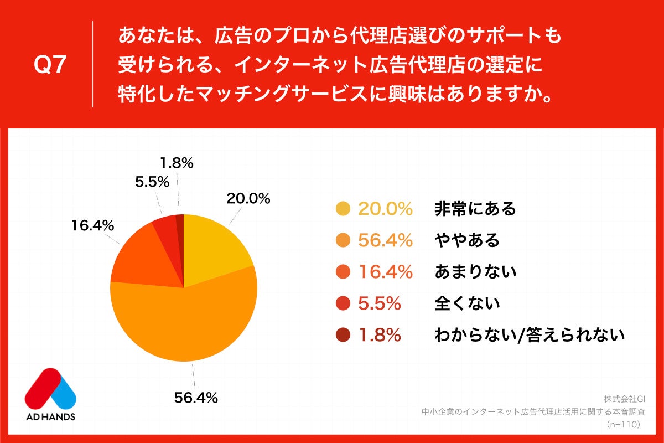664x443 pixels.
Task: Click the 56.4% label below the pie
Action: pyautogui.click(x=195, y=397)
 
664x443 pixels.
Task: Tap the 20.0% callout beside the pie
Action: pyautogui.click(x=248, y=198)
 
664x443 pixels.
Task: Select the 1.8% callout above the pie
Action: pyautogui.click(x=177, y=163)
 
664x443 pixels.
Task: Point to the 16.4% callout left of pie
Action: pyautogui.click(x=92, y=225)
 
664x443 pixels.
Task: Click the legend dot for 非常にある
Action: pyautogui.click(x=343, y=209)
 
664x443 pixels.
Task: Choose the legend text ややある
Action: pyautogui.click(x=467, y=240)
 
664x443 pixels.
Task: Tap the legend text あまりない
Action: pyautogui.click(x=475, y=272)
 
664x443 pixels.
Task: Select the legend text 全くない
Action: pyautogui.click(x=467, y=303)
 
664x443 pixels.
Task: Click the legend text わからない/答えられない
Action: pyautogui.click(x=530, y=335)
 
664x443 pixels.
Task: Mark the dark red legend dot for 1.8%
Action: pyautogui.click(x=343, y=335)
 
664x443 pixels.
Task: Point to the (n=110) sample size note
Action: pyautogui.click(x=623, y=425)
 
